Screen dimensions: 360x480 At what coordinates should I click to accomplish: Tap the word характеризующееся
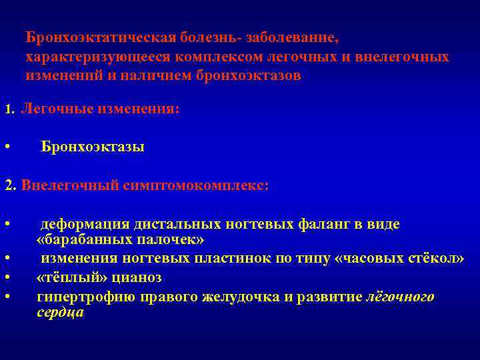[89, 57]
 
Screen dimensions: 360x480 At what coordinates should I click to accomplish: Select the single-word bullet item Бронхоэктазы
[92, 147]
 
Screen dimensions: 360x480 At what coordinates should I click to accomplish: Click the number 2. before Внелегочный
[11, 185]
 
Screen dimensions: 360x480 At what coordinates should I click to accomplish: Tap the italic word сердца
[60, 312]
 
